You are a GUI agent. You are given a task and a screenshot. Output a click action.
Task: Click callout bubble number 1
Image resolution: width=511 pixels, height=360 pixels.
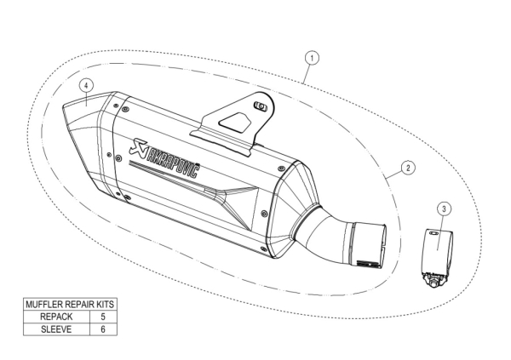click(313, 58)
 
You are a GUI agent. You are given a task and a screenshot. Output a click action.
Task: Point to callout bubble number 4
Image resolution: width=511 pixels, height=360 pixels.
click(87, 86)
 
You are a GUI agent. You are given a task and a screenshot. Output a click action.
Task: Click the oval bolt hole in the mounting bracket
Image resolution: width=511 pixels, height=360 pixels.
click(261, 106)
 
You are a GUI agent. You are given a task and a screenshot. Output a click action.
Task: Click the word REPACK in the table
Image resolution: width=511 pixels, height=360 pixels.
click(56, 317)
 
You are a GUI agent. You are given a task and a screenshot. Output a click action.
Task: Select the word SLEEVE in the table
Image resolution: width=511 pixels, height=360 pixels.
click(56, 329)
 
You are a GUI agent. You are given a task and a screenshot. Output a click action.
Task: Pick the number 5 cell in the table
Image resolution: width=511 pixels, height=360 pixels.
click(102, 317)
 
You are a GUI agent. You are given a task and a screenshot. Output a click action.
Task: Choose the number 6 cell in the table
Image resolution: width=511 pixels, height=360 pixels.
click(102, 329)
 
